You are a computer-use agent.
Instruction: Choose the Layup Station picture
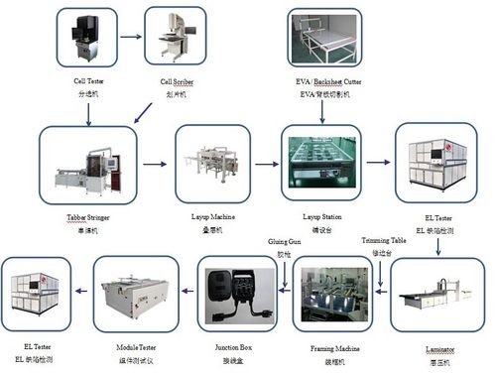coord(319,162)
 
